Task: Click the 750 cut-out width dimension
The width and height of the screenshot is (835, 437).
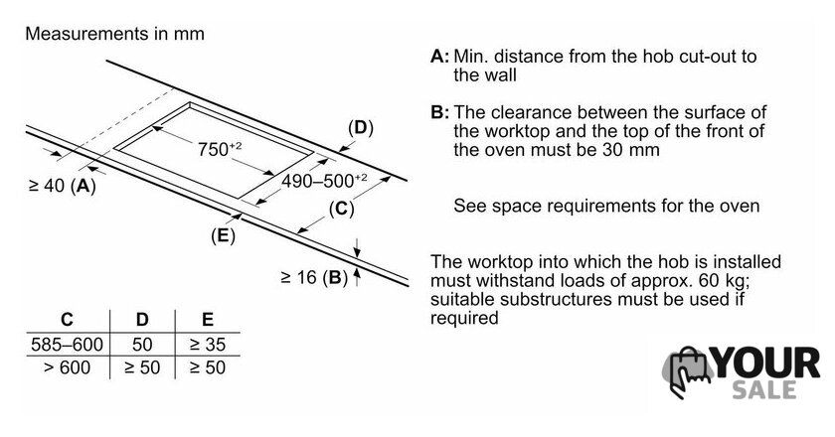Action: pyautogui.click(x=220, y=149)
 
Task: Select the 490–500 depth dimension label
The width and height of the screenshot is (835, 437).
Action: pyautogui.click(x=324, y=181)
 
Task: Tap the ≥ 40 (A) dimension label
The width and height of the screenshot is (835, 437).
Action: pyautogui.click(x=63, y=186)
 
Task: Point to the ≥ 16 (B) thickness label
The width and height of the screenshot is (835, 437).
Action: pyautogui.click(x=314, y=277)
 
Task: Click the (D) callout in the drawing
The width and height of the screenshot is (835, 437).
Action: pyautogui.click(x=361, y=128)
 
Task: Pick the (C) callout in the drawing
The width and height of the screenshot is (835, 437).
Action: pyautogui.click(x=341, y=209)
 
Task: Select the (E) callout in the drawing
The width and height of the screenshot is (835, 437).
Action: pyautogui.click(x=223, y=235)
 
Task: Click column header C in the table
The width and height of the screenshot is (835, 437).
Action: pyautogui.click(x=67, y=320)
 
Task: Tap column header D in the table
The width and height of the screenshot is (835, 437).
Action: pyautogui.click(x=142, y=320)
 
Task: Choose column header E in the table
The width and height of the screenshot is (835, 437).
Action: pyautogui.click(x=208, y=320)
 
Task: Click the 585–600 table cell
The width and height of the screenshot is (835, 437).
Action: pyautogui.click(x=67, y=345)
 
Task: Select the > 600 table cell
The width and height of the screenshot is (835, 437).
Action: pyautogui.click(x=68, y=367)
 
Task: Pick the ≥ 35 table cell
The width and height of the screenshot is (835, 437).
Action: pyautogui.click(x=208, y=345)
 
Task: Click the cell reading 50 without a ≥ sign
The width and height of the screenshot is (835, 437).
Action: pyautogui.click(x=142, y=345)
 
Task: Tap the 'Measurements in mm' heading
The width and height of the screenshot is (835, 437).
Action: pyautogui.click(x=114, y=34)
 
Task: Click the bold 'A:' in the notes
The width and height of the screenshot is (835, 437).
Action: pyautogui.click(x=439, y=56)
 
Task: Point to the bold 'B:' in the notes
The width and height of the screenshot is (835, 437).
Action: pyautogui.click(x=439, y=112)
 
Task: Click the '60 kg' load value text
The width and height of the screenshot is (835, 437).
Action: pyautogui.click(x=722, y=280)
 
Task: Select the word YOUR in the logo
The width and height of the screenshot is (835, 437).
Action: pyautogui.click(x=766, y=364)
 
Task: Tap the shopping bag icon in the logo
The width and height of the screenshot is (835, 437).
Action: pyautogui.click(x=689, y=371)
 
